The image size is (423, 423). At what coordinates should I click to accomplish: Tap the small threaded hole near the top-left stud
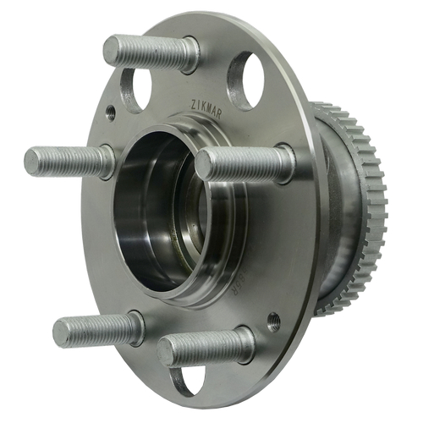pyautogui.click(x=111, y=110)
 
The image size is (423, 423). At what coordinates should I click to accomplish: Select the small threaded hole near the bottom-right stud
pyautogui.click(x=272, y=321)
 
